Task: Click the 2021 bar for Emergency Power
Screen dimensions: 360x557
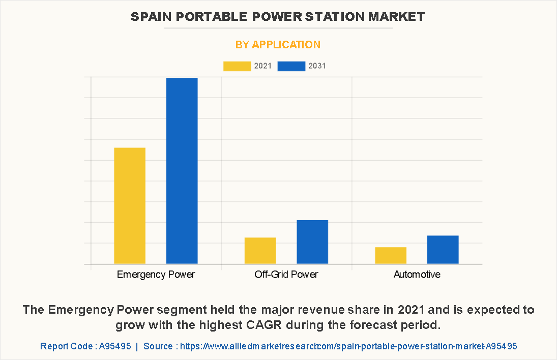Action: [130, 205]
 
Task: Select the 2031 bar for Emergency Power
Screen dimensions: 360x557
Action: [182, 171]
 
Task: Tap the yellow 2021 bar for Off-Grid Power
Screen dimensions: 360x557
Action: [260, 251]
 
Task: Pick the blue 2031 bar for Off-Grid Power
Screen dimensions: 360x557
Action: [312, 242]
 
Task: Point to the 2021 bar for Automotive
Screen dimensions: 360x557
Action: [391, 255]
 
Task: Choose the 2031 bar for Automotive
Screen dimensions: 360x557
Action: [443, 250]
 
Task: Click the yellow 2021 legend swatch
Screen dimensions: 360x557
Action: [237, 66]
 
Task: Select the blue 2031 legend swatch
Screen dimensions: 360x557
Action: [291, 66]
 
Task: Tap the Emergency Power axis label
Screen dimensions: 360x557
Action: [156, 275]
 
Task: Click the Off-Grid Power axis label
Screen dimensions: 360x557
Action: [286, 275]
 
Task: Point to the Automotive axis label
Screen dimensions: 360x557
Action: [417, 275]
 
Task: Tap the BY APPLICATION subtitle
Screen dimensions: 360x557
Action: [278, 45]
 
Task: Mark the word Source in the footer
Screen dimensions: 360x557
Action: [159, 346]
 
